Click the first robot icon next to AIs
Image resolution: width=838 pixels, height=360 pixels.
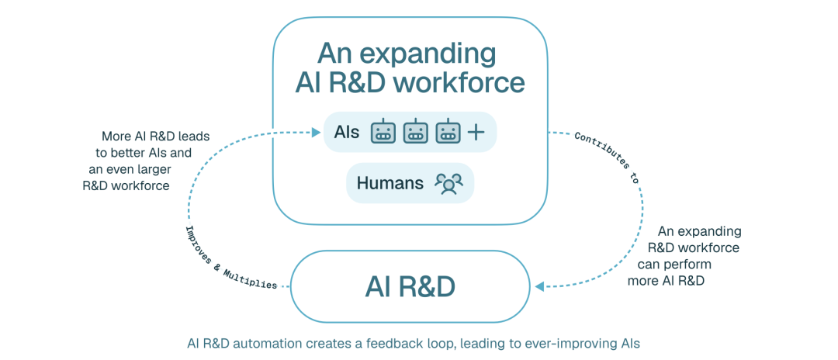click(x=383, y=132)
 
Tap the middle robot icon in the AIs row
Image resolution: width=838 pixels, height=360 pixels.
click(x=416, y=132)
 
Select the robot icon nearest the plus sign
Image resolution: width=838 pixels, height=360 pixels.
click(x=448, y=132)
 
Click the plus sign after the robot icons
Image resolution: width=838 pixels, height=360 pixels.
click(x=475, y=133)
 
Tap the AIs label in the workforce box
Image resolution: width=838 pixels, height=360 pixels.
click(x=346, y=132)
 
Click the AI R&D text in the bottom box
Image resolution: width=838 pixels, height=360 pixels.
click(x=410, y=287)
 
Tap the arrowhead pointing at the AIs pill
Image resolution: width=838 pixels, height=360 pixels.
click(x=317, y=131)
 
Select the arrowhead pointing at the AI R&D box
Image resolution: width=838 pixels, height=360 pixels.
click(x=540, y=287)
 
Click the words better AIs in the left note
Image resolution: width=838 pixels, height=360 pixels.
click(x=148, y=153)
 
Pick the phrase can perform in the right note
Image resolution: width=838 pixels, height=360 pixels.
click(x=674, y=265)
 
